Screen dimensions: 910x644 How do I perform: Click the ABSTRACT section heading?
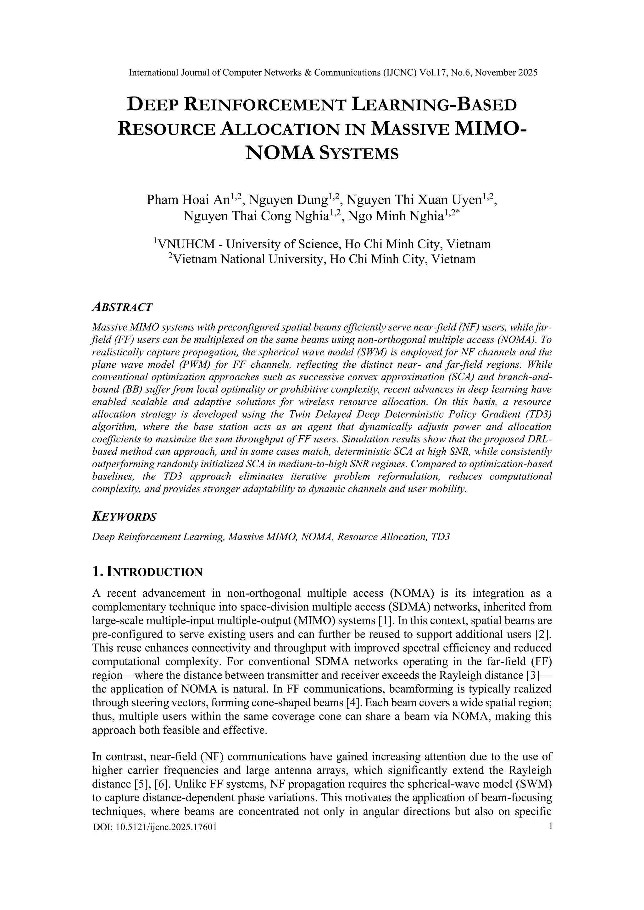[x=122, y=307]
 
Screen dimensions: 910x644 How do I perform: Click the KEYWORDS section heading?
[x=124, y=517]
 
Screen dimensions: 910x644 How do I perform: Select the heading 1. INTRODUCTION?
[x=147, y=572]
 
